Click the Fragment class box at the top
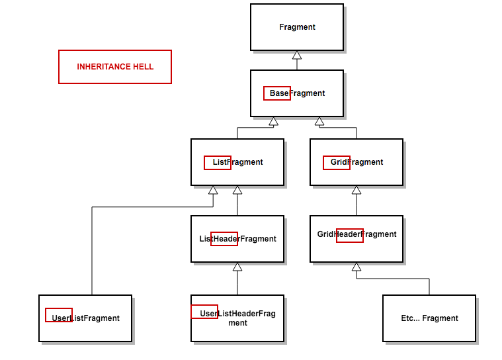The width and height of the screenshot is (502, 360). [297, 27]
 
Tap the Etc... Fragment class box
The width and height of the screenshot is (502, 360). [429, 318]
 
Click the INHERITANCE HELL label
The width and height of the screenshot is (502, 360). [115, 67]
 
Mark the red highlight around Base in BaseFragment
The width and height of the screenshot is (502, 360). [277, 93]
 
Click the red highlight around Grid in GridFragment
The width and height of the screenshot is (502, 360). [337, 162]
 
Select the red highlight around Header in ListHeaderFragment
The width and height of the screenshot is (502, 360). [224, 239]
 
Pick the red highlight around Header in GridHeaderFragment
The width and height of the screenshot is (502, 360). [350, 235]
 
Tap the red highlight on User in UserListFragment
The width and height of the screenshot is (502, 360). [59, 315]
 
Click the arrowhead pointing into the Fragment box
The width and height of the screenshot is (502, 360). [297, 56]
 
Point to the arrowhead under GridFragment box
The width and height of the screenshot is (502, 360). [356, 191]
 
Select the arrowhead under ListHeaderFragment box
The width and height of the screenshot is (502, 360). [237, 267]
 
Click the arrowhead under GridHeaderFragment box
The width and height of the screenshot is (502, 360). [356, 267]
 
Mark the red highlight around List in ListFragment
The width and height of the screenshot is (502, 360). [218, 162]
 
